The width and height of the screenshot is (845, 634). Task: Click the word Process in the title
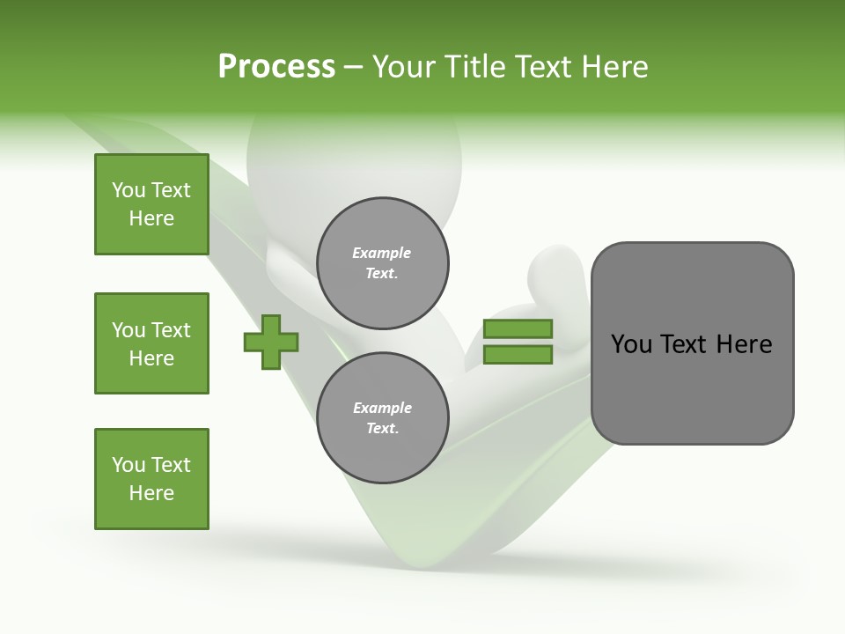[276, 67]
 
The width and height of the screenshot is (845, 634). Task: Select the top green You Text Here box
[151, 204]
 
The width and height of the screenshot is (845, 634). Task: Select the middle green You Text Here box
[151, 343]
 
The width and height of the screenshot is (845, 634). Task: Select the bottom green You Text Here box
[151, 479]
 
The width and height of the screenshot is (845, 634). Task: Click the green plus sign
[271, 342]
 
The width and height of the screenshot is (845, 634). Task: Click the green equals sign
[518, 342]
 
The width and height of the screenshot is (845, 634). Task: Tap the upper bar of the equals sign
[518, 328]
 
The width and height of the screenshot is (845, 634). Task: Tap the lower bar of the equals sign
[518, 355]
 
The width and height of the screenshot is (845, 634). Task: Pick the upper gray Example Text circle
[382, 263]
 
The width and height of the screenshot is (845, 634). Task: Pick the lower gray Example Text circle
[382, 418]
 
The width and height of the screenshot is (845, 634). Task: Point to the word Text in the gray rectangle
[685, 344]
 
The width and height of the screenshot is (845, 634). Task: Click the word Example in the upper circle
[382, 253]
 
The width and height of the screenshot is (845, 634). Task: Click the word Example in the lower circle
[382, 408]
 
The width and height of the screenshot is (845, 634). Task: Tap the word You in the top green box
[129, 190]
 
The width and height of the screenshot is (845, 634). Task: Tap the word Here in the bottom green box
[151, 493]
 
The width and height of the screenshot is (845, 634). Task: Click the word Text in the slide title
[542, 67]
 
